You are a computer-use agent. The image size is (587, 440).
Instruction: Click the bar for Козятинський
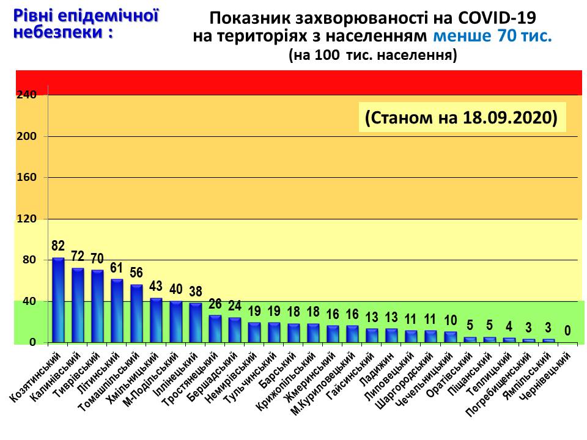click(58, 300)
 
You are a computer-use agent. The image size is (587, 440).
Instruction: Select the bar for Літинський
click(117, 311)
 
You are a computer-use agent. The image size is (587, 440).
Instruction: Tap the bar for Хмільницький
click(156, 320)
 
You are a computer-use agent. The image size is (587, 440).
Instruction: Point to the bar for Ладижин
click(391, 335)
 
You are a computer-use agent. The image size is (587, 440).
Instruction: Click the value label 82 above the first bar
click(58, 246)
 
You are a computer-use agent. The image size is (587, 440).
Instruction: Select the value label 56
click(136, 273)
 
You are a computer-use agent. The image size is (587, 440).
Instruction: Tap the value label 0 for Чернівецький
click(567, 331)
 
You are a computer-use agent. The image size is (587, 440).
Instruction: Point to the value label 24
click(235, 306)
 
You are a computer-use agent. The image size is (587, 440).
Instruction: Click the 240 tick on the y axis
click(26, 95)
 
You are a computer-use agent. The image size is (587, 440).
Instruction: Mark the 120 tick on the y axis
click(26, 219)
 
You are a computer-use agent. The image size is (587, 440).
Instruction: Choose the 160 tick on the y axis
click(26, 177)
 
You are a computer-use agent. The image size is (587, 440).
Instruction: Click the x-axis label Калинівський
click(56, 377)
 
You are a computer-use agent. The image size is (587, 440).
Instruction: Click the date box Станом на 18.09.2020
click(462, 117)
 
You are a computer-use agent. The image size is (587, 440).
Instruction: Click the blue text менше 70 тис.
click(493, 36)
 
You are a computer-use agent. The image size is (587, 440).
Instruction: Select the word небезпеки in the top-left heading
click(58, 32)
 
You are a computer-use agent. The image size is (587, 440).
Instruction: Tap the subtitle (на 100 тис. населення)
click(373, 55)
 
